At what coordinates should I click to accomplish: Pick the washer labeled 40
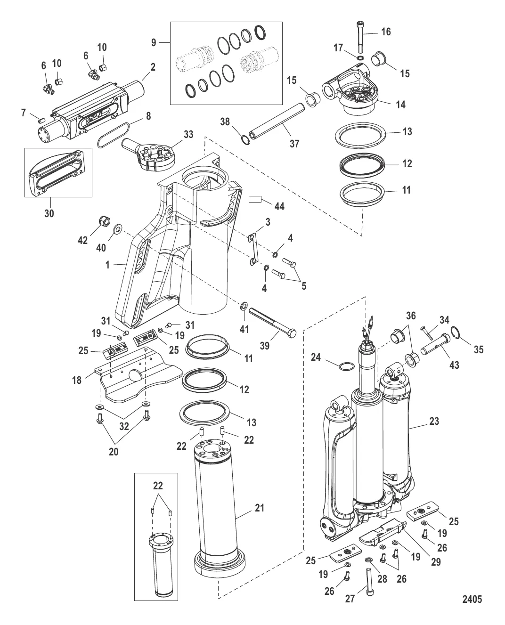(x=117, y=229)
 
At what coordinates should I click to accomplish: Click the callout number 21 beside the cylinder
(x=259, y=509)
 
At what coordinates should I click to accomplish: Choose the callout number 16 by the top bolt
(x=386, y=32)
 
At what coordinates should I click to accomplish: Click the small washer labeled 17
(x=360, y=58)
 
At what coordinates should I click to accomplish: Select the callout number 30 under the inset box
(x=49, y=214)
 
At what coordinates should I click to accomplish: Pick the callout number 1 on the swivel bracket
(x=107, y=265)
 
